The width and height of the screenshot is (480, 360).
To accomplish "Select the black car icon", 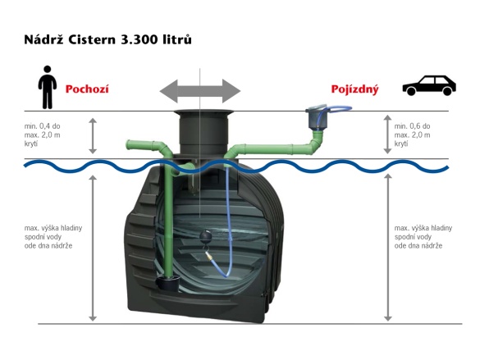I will coord(427,85).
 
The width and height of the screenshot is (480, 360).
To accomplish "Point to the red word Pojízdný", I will coord(354,89).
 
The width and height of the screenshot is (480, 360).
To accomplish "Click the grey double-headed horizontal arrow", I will coord(199,89).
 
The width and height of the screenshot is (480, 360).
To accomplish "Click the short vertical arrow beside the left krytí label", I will coord(93,135).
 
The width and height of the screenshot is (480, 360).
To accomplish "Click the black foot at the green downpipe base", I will coord(166,285).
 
